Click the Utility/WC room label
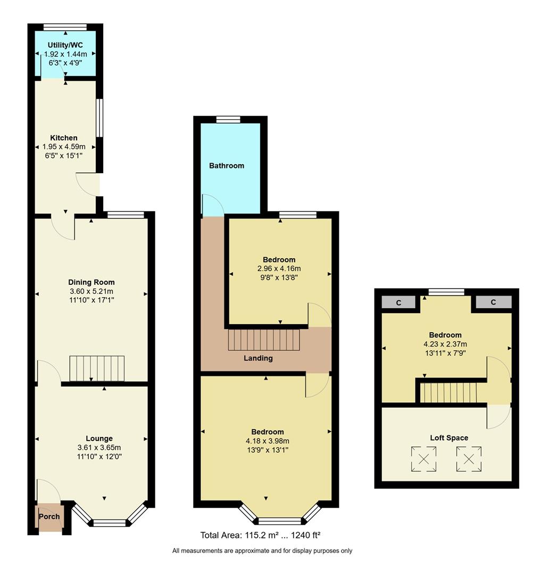pyautogui.click(x=65, y=46)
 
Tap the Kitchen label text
pyautogui.click(x=64, y=138)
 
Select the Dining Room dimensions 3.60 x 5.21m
pyautogui.click(x=91, y=291)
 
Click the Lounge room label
pyautogui.click(x=99, y=438)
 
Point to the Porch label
pyautogui.click(x=49, y=517)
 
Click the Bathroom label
pyautogui.click(x=227, y=166)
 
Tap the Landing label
pyautogui.click(x=258, y=358)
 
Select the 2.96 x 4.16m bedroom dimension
pyautogui.click(x=279, y=268)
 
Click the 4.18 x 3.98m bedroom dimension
pyautogui.click(x=268, y=441)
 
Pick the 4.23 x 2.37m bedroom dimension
pyautogui.click(x=445, y=343)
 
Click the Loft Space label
pyautogui.click(x=449, y=438)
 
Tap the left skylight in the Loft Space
pyautogui.click(x=424, y=459)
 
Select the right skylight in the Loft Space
pyautogui.click(x=469, y=459)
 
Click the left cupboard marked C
pyautogui.click(x=398, y=302)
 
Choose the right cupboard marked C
pyautogui.click(x=493, y=302)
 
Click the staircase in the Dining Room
pyautogui.click(x=97, y=368)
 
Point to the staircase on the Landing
pyautogui.click(x=264, y=340)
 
